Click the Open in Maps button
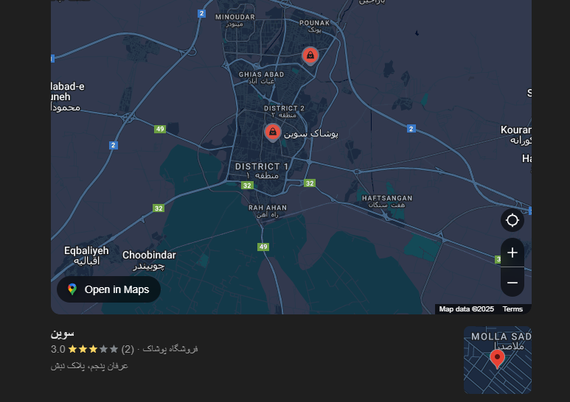tap(108, 289)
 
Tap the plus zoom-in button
tap(512, 253)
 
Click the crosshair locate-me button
tap(512, 220)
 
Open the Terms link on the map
tap(512, 309)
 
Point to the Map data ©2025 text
tap(466, 309)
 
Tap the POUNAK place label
tap(314, 23)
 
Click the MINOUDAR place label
tap(235, 16)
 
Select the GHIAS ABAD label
tap(262, 74)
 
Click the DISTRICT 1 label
tap(262, 166)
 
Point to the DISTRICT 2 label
tap(284, 108)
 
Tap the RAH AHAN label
tap(268, 208)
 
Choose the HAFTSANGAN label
tap(387, 198)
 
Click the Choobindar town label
tap(149, 255)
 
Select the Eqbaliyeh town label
tap(86, 250)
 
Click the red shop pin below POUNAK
tap(310, 55)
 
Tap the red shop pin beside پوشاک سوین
tap(273, 132)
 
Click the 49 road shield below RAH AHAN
tap(263, 247)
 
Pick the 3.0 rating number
tap(58, 349)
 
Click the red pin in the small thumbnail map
tap(497, 359)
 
